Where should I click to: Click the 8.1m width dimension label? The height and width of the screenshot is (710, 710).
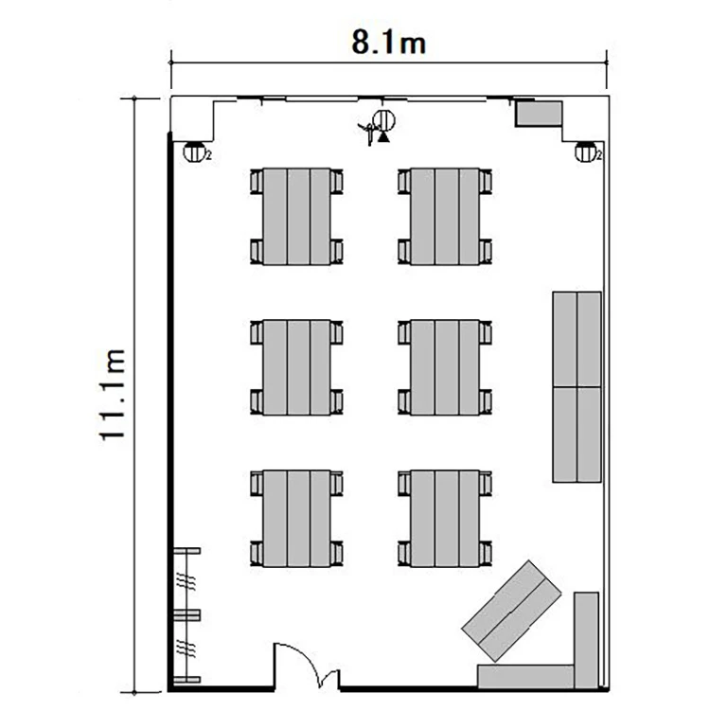coord(388,43)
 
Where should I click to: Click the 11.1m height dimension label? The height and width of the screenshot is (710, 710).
coord(112,395)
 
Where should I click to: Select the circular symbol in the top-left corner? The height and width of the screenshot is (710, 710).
coord(194,151)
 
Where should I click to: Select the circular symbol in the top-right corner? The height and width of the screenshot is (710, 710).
coord(586,151)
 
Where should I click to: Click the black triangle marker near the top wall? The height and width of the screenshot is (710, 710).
coord(383,136)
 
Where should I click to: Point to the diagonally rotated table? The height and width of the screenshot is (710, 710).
coord(511,611)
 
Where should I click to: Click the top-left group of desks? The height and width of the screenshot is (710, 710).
coord(296,217)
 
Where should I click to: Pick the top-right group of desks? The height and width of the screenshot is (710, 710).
coord(445,217)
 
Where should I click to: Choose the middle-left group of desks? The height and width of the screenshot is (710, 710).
coord(296,367)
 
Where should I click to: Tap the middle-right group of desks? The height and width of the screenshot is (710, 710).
coord(445,367)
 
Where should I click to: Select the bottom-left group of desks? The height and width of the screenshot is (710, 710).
coord(296,519)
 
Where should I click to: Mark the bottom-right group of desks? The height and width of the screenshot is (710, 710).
coord(445,519)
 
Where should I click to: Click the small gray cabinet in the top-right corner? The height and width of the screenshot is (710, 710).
coord(539,114)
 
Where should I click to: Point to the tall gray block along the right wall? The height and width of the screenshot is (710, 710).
coord(577,387)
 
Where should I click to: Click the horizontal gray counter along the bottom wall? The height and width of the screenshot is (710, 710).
coord(526,677)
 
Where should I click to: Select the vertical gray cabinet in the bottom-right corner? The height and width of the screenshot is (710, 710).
coord(587,640)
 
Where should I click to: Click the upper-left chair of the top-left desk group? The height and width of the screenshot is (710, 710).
coord(257,182)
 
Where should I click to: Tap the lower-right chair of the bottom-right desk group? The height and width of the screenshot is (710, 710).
coord(486,554)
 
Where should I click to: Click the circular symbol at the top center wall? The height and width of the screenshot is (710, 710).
coord(384,120)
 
